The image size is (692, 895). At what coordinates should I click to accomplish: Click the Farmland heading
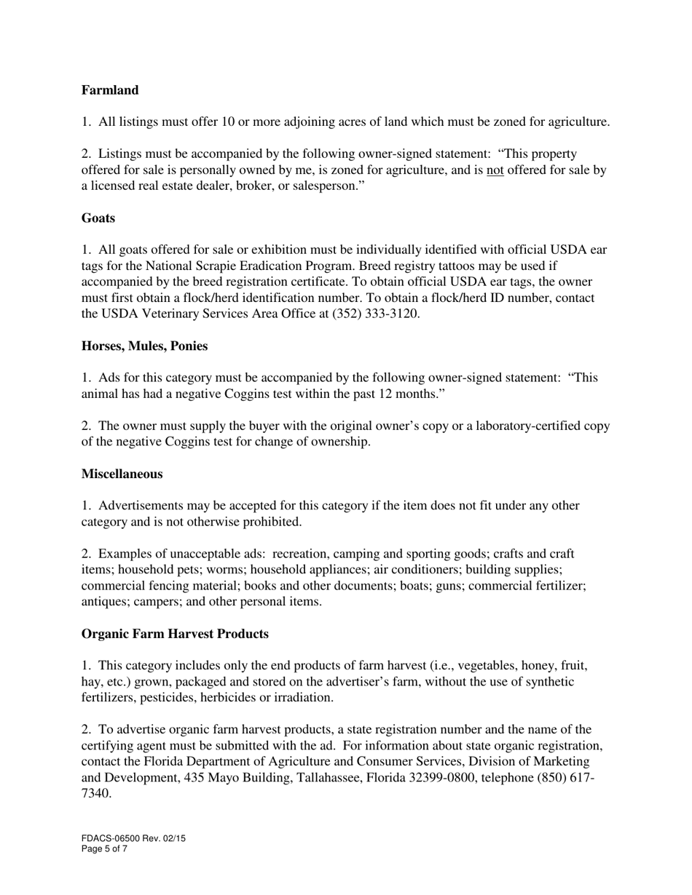coord(110,90)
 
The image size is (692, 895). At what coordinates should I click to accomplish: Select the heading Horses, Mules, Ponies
coord(144,346)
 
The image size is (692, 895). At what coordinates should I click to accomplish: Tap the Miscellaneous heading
coord(122,474)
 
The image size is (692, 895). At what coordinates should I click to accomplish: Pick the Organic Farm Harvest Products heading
coord(175,634)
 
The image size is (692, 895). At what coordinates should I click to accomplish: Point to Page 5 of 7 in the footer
coord(104,848)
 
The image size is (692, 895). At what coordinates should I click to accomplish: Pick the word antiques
coord(103,602)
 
